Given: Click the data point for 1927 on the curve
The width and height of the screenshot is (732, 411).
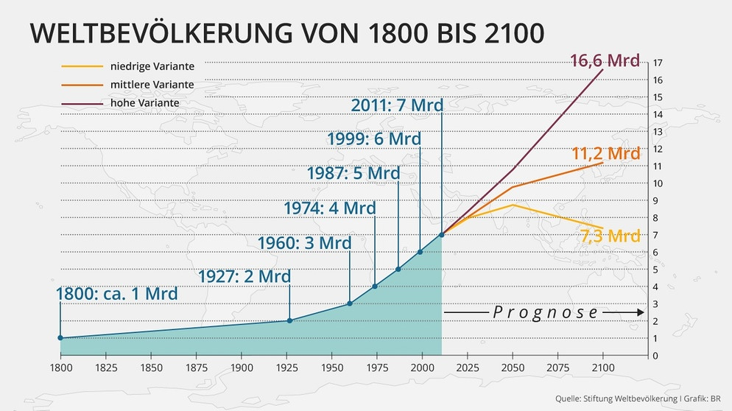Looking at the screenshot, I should (x=289, y=320).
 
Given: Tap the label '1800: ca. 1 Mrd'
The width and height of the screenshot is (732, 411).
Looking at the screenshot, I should (x=117, y=294).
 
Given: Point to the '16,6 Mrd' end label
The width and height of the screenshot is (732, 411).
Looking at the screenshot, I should (x=605, y=60).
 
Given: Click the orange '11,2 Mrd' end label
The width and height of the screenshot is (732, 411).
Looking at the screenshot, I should (x=606, y=154).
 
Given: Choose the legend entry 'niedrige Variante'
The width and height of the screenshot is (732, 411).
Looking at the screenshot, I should (x=152, y=67).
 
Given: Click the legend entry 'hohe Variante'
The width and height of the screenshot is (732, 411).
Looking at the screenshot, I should (x=144, y=103).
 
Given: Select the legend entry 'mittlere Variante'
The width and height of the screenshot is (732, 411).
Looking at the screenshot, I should (x=152, y=85).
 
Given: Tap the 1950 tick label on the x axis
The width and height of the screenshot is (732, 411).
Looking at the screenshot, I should (x=331, y=368).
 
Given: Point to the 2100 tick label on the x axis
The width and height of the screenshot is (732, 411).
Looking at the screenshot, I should (x=602, y=368).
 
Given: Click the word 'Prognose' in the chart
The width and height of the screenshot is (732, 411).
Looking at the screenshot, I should (x=545, y=312).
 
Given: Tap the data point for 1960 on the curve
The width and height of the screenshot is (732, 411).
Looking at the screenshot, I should (x=349, y=303).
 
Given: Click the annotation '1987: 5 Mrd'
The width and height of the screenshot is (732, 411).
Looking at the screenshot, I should (x=353, y=174).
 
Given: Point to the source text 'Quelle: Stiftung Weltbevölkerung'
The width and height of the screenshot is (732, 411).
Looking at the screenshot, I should (x=615, y=398).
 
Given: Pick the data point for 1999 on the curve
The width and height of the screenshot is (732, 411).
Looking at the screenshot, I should (x=420, y=252).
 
